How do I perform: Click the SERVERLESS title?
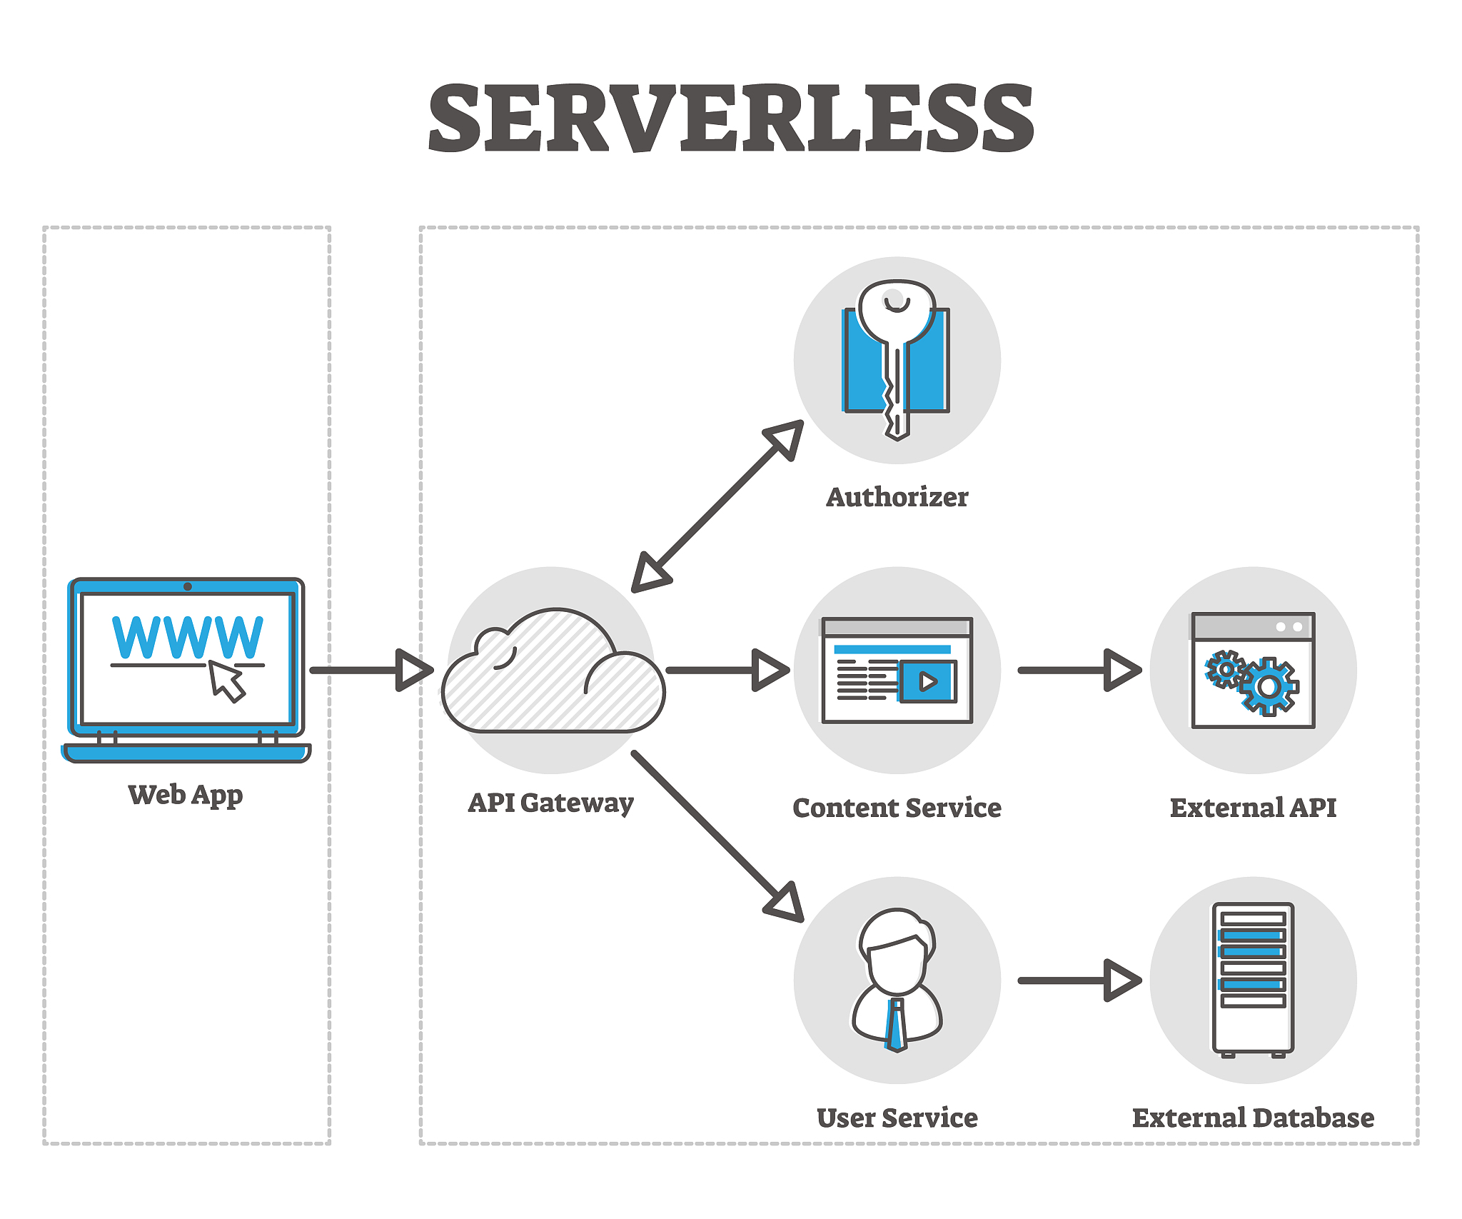pyautogui.click(x=730, y=118)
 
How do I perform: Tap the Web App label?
pyautogui.click(x=186, y=794)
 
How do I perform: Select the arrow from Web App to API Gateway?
pyautogui.click(x=371, y=670)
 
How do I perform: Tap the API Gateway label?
pyautogui.click(x=550, y=803)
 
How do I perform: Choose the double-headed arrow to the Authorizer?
pyautogui.click(x=717, y=506)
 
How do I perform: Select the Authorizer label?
pyautogui.click(x=897, y=497)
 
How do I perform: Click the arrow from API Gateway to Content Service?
pyautogui.click(x=728, y=670)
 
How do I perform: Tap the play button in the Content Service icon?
pyautogui.click(x=927, y=681)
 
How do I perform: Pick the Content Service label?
pyautogui.click(x=897, y=808)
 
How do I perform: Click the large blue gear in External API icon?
pyautogui.click(x=1269, y=687)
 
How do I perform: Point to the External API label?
pyautogui.click(x=1253, y=808)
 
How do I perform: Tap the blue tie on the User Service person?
pyautogui.click(x=895, y=1025)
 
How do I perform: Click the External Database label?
pyautogui.click(x=1253, y=1118)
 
